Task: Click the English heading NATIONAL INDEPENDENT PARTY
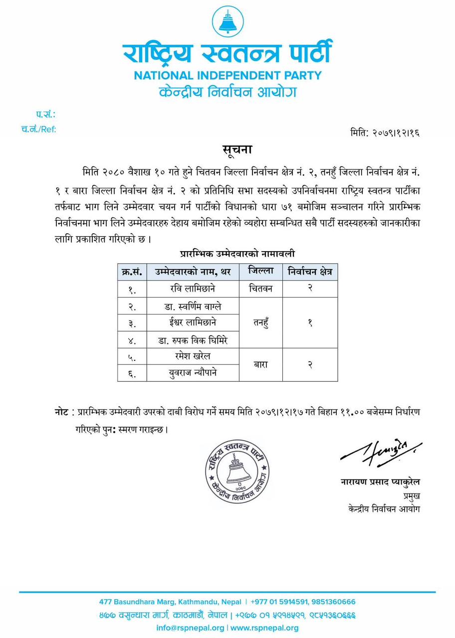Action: click(227, 76)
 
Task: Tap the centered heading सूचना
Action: click(237, 150)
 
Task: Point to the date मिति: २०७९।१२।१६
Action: click(385, 133)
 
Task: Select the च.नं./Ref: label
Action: click(38, 130)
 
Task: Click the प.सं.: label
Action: click(45, 115)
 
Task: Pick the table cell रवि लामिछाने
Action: click(192, 289)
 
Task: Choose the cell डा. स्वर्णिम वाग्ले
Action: click(193, 306)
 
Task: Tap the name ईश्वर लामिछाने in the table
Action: click(193, 322)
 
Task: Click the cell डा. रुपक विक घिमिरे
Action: click(193, 340)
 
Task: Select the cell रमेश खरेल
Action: click(193, 356)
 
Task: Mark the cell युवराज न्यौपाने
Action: click(193, 373)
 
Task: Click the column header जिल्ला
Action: click(260, 271)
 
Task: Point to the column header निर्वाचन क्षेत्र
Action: click(310, 272)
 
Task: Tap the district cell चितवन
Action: click(260, 289)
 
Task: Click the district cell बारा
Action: click(260, 365)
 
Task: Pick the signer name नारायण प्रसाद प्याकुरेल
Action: click(380, 482)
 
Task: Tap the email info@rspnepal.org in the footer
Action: click(190, 628)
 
